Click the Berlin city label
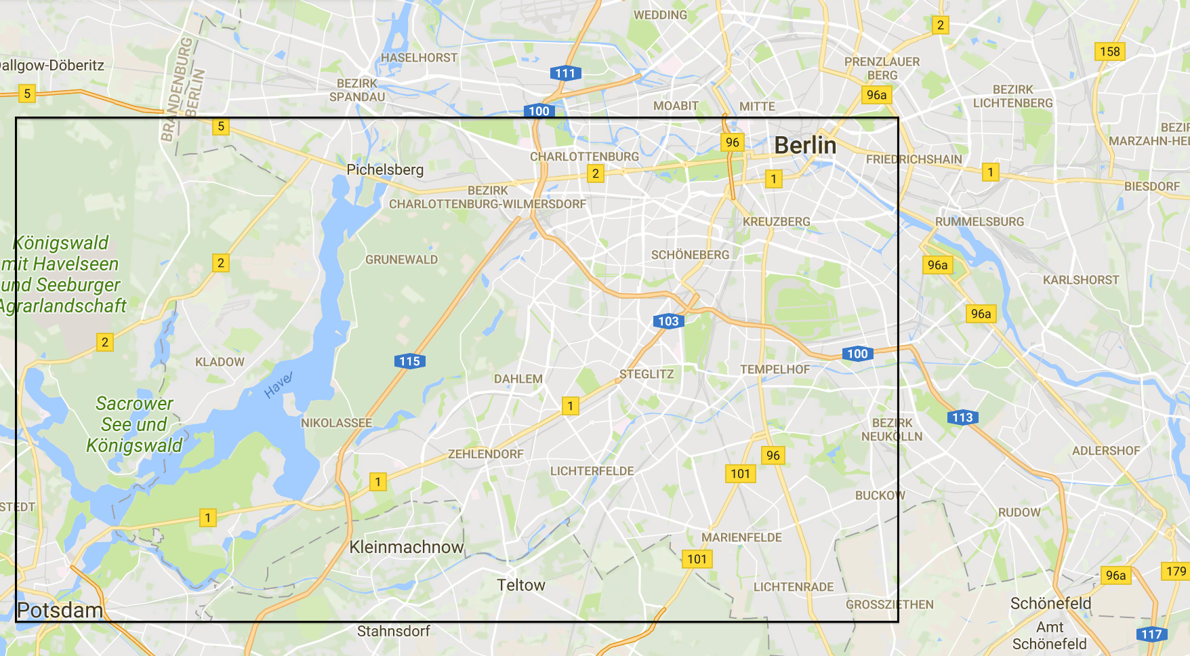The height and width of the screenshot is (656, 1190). pyautogui.click(x=805, y=145)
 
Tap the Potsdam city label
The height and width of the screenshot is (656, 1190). pyautogui.click(x=60, y=610)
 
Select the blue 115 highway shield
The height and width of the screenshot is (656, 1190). pyautogui.click(x=409, y=361)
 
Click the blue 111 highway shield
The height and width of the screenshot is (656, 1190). pyautogui.click(x=565, y=73)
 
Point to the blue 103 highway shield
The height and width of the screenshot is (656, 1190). pyautogui.click(x=668, y=321)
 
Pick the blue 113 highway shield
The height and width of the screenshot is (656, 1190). pyautogui.click(x=962, y=417)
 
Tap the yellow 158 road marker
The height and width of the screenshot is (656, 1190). pyautogui.click(x=1109, y=52)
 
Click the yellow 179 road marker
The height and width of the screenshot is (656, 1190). pyautogui.click(x=1176, y=571)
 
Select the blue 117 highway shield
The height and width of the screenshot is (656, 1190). pyautogui.click(x=1151, y=634)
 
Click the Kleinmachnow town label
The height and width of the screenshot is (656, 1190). pyautogui.click(x=407, y=547)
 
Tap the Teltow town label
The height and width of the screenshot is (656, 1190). pyautogui.click(x=520, y=585)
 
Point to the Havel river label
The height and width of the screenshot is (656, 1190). pyautogui.click(x=278, y=384)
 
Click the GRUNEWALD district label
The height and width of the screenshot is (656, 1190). pyautogui.click(x=401, y=260)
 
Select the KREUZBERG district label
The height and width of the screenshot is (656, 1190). pyautogui.click(x=776, y=222)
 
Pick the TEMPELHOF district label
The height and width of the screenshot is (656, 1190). pyautogui.click(x=775, y=369)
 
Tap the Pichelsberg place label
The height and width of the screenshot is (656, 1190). pyautogui.click(x=385, y=169)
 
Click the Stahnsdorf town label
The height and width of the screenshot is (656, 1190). pyautogui.click(x=393, y=631)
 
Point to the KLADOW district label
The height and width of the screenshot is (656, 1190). pyautogui.click(x=220, y=362)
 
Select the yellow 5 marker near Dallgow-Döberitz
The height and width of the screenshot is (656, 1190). pyautogui.click(x=27, y=94)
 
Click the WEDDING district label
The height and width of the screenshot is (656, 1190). pyautogui.click(x=659, y=15)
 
